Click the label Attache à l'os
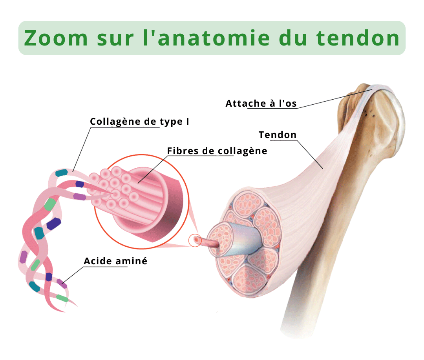(261, 104)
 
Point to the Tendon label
(278, 135)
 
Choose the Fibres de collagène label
(217, 151)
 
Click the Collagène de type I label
(139, 122)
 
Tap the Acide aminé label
(115, 261)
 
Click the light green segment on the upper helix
(50, 204)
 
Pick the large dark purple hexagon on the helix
(54, 223)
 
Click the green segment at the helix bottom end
(62, 298)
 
